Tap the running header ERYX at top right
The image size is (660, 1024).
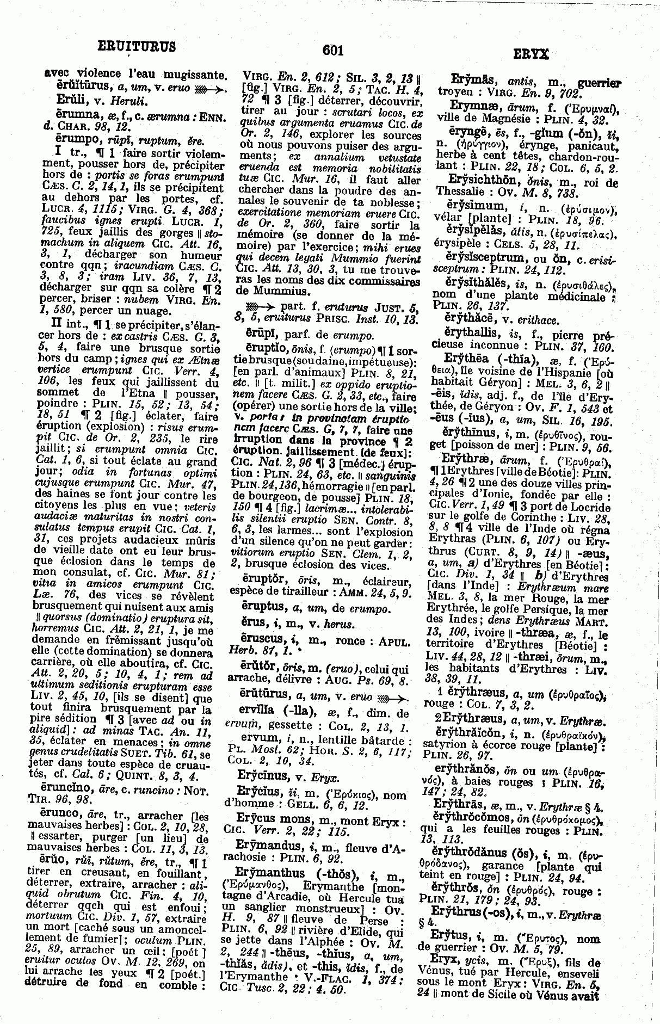tap(531, 54)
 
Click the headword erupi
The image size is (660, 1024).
tap(255, 335)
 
